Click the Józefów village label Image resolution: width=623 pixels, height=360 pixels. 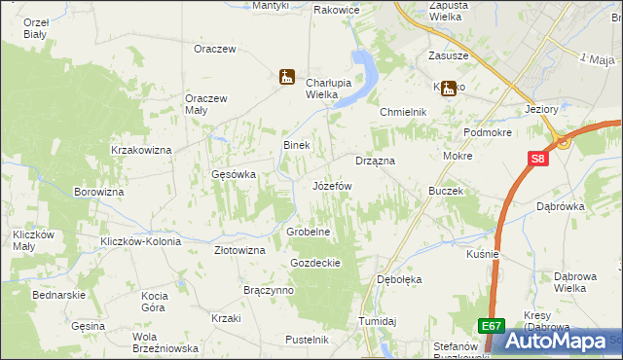point(332,185)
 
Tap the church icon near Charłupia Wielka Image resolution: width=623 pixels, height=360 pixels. point(286,76)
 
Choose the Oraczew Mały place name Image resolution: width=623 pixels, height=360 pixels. point(206,104)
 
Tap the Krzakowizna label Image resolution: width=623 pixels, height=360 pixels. point(141,150)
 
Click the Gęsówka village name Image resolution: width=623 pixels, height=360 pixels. point(234,175)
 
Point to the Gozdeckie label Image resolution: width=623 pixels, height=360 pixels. point(314,264)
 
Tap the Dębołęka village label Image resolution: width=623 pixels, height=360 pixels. point(399,279)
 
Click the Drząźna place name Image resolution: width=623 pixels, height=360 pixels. point(374,160)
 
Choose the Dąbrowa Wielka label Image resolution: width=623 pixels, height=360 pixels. point(580,282)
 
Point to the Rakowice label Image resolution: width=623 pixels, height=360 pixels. point(337,10)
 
